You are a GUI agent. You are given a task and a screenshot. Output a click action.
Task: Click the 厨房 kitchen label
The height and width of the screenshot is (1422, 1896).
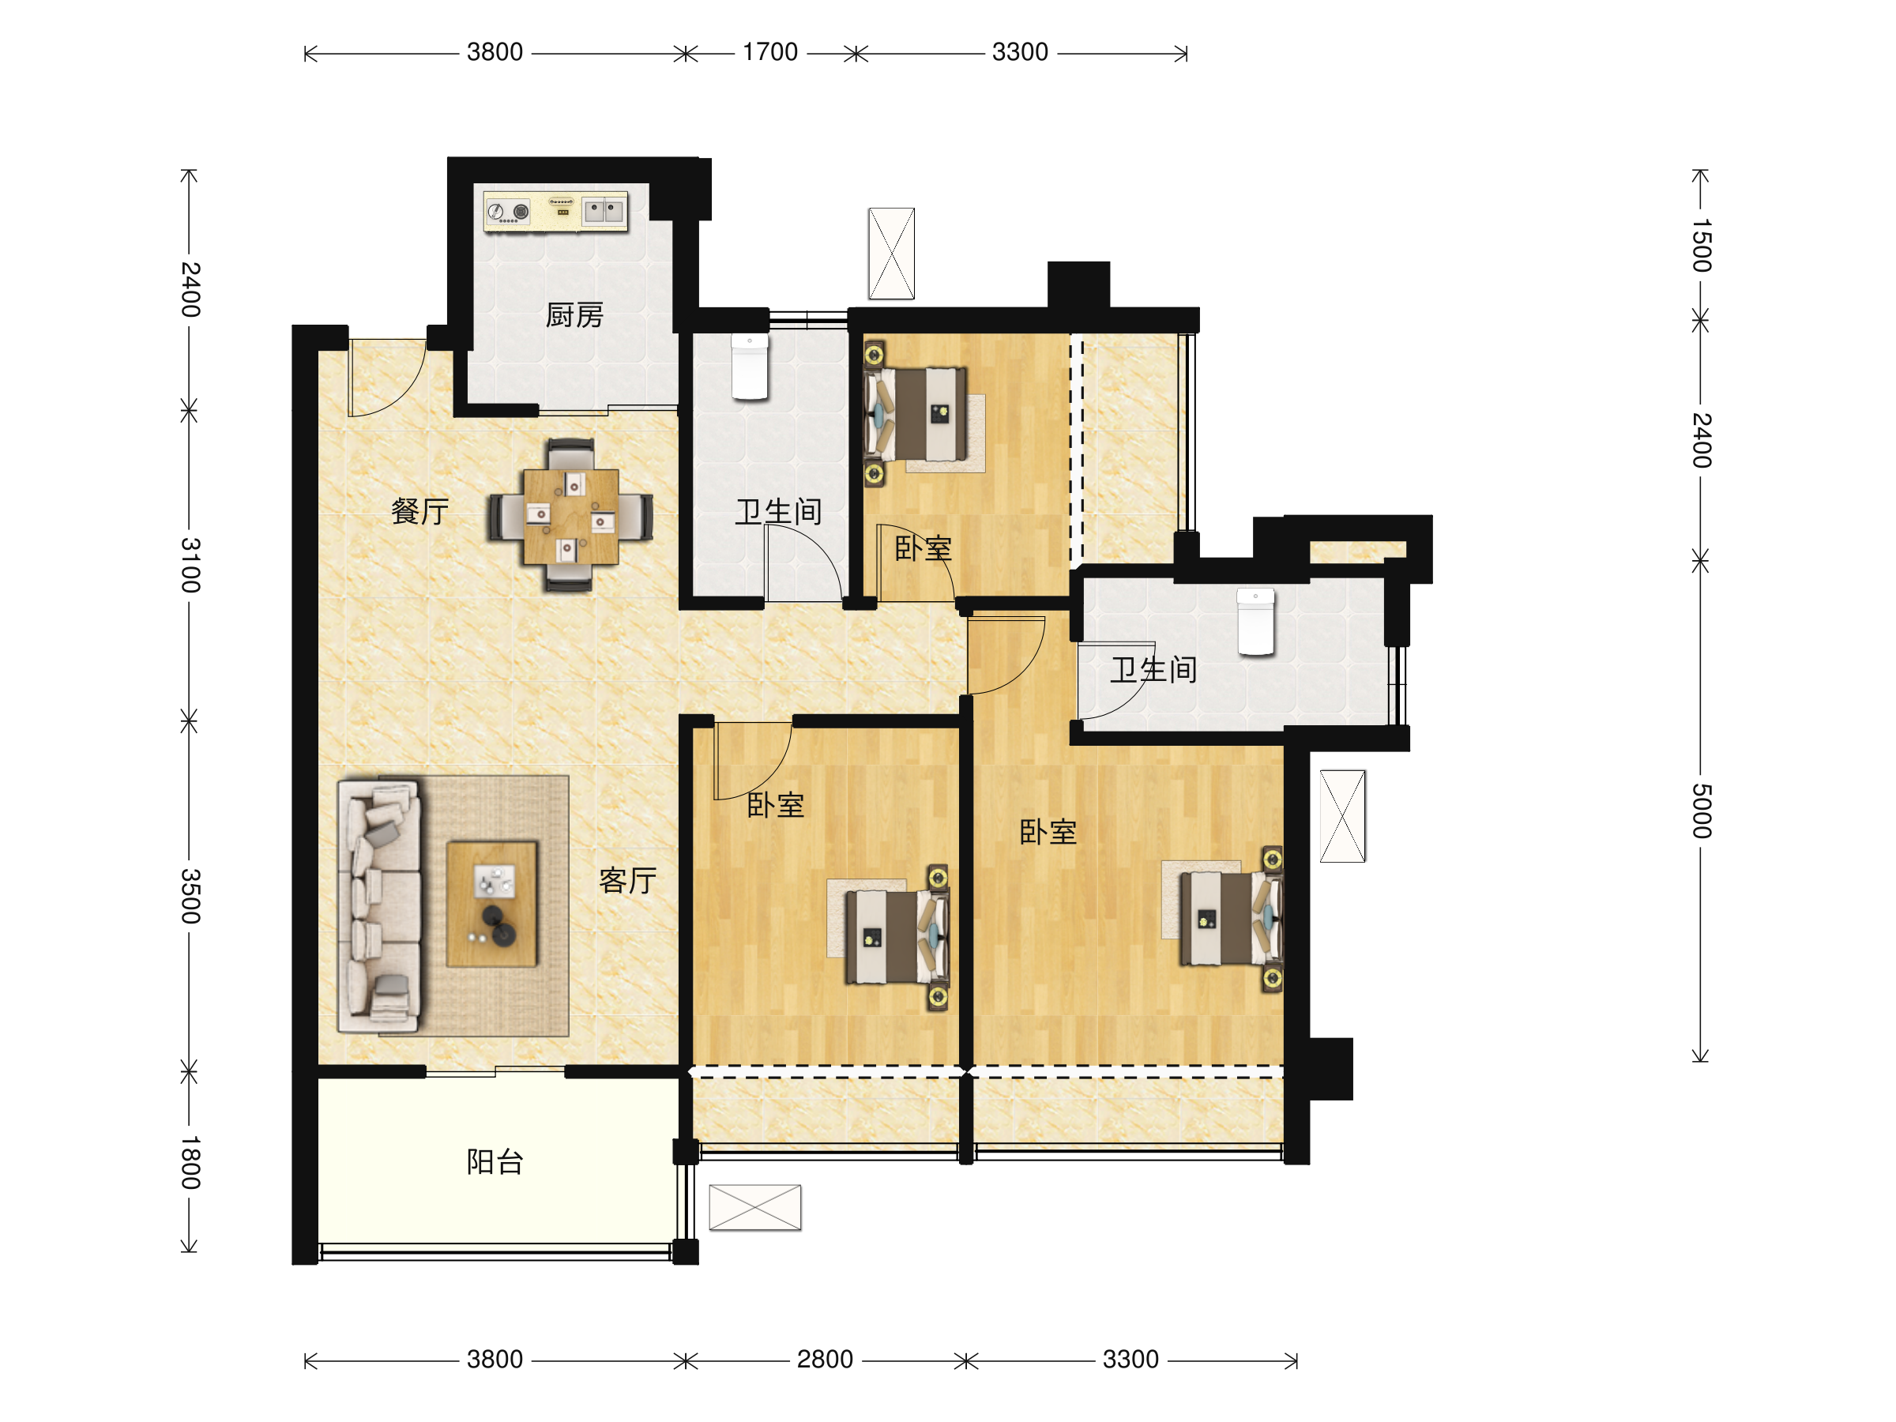point(574,315)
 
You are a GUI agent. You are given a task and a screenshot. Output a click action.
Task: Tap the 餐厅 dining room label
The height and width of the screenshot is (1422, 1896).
point(420,512)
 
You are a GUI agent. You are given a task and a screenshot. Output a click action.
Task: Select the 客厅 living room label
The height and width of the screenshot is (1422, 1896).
point(627,880)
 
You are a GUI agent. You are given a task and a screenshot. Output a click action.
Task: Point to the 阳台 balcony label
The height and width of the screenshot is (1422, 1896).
point(495,1161)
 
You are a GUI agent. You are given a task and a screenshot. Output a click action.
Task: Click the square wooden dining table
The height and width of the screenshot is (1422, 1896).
point(571,516)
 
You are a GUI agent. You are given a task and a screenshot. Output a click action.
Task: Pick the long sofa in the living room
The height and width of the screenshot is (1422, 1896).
point(379,905)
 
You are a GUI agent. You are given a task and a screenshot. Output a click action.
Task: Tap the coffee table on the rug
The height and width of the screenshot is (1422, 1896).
point(492,905)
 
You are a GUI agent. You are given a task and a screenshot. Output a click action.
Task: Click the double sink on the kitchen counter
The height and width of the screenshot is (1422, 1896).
point(604,210)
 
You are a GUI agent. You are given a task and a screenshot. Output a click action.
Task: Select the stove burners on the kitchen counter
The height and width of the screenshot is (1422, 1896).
point(508,211)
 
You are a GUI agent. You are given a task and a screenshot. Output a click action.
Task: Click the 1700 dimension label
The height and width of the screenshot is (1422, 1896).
point(769,52)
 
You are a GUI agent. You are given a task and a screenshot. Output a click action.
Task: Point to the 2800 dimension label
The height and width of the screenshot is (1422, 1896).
point(825,1360)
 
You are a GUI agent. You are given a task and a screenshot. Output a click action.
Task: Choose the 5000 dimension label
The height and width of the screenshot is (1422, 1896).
point(1702,811)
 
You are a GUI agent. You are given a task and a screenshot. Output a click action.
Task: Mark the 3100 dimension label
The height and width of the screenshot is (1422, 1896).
point(190,566)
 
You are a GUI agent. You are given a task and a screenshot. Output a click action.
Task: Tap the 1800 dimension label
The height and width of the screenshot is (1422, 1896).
point(190,1162)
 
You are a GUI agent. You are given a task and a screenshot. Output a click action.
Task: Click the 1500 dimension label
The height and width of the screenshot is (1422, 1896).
point(1702,245)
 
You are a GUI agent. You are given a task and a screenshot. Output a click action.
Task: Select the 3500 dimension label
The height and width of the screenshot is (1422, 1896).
point(190,896)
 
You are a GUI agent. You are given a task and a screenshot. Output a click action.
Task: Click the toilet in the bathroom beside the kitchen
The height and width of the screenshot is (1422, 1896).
point(750,367)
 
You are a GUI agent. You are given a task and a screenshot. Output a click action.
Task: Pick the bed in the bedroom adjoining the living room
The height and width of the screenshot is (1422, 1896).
point(897,936)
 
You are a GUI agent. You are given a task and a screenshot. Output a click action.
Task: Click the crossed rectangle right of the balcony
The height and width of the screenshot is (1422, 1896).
point(755,1207)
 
